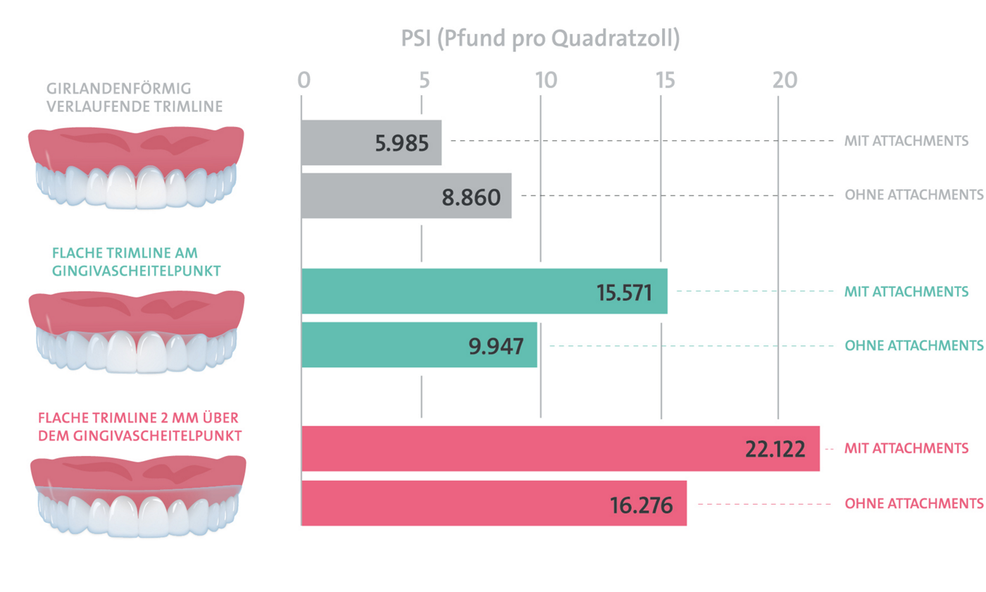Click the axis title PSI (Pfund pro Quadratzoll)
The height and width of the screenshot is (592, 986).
coord(540,39)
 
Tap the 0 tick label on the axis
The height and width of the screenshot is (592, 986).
coord(304,80)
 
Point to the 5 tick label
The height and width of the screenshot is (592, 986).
coord(423,80)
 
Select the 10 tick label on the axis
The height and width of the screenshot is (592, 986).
coord(544,80)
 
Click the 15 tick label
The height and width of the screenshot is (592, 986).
coord(663,80)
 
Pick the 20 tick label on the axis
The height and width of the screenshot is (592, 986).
coord(784,80)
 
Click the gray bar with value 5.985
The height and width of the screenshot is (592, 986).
coord(371,143)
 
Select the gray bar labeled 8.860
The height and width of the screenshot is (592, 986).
coord(406,195)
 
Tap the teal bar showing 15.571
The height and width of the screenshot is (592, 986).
coord(484,291)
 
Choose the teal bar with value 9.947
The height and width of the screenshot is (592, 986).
coord(419,345)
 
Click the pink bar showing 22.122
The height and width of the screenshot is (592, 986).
coord(560,449)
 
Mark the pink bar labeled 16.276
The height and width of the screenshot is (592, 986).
coord(494,503)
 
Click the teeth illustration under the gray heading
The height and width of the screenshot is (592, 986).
coord(136,167)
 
